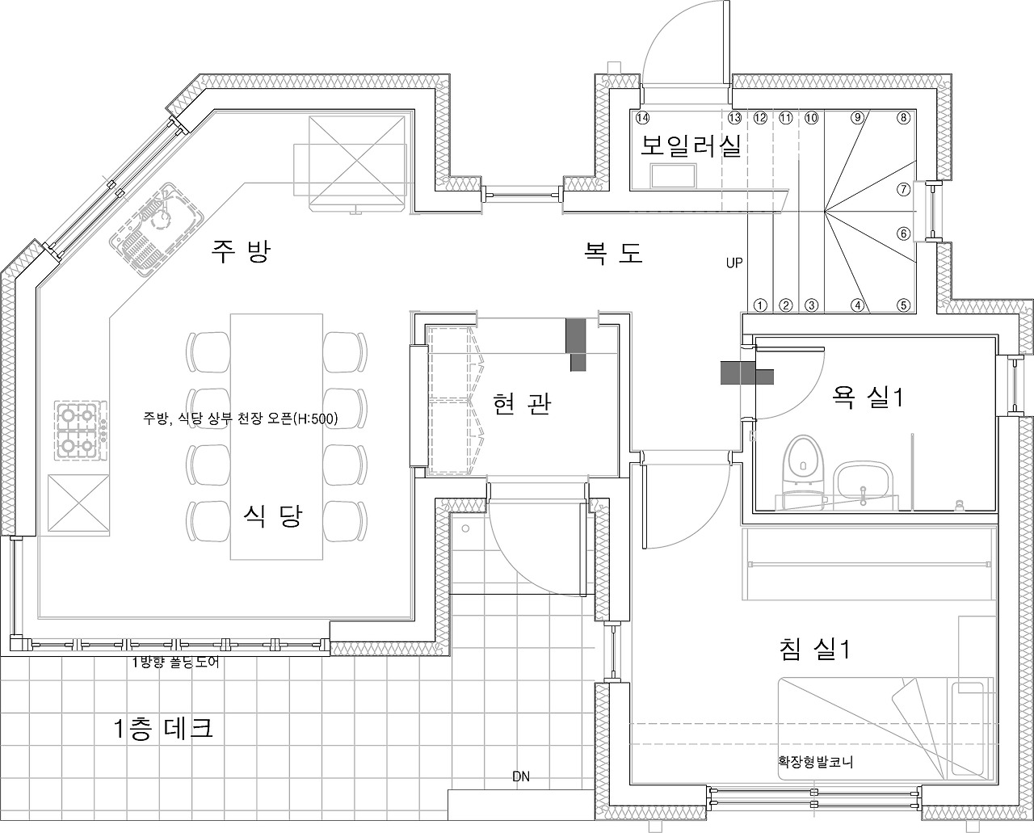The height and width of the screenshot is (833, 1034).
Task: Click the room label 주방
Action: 240,251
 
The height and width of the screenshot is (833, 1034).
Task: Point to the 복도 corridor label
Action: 614,252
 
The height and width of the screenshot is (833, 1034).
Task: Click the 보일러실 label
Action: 691,146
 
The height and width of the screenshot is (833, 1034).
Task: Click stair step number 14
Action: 642,117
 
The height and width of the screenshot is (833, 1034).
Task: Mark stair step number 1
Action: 759,305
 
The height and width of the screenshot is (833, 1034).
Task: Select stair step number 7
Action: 904,189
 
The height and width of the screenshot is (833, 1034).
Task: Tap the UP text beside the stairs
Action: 733,263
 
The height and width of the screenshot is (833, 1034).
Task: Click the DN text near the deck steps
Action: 521,777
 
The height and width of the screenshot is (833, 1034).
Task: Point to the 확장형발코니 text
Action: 816,761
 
